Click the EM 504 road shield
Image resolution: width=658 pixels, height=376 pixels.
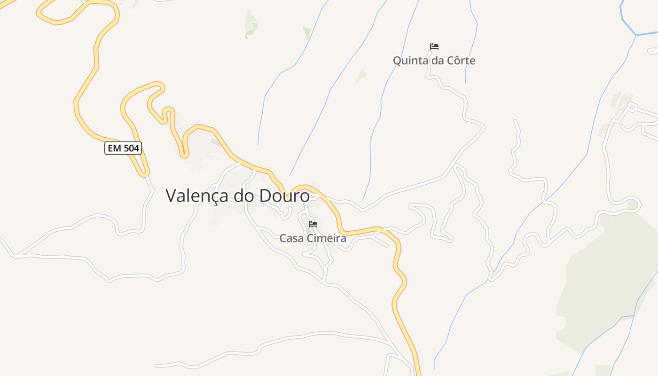pos(123,149)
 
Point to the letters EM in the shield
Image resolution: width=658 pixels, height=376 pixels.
pos(114,149)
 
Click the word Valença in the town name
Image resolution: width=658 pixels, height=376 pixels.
pos(198,196)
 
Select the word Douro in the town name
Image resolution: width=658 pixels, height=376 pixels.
pos(285,196)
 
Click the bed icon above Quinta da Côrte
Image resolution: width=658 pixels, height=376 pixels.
pos(434,47)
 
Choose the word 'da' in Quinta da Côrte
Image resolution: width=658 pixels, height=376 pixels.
pos(436,61)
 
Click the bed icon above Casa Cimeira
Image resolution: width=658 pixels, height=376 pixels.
pos(313,224)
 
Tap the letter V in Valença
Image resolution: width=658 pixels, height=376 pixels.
pos(172,196)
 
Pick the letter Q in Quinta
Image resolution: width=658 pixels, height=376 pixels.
pos(398,61)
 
